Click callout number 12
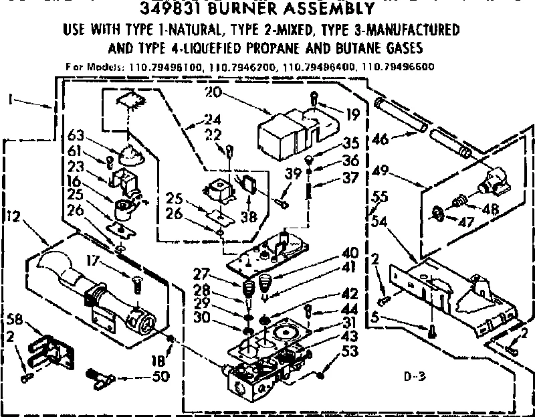coord(13,215)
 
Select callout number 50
coord(159,376)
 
